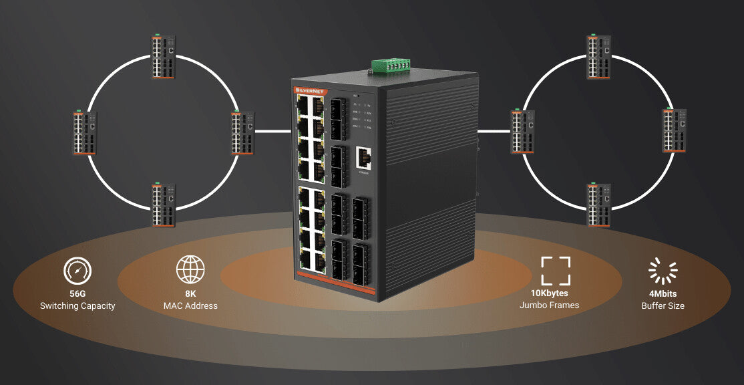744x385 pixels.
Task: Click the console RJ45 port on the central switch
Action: [365, 158]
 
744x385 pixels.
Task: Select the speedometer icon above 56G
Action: [77, 271]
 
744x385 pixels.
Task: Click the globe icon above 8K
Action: [190, 269]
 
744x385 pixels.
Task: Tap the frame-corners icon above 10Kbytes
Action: [556, 271]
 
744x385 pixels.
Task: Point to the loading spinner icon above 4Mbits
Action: [663, 271]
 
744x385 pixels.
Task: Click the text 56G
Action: [77, 293]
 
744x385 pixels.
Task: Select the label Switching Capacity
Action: [77, 306]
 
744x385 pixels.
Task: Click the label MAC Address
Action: [190, 306]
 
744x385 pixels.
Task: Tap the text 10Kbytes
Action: [549, 293]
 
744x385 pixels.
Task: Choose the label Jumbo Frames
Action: [549, 305]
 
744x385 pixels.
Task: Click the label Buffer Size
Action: [663, 306]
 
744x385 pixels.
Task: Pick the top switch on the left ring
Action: [163, 56]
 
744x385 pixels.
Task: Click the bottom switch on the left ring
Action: [163, 205]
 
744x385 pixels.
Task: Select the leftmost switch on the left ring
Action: [85, 132]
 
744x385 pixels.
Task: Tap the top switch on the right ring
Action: [598, 57]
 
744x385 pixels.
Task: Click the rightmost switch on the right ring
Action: [674, 130]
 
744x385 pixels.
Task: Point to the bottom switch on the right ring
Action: [598, 205]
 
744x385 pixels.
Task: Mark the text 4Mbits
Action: [663, 293]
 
